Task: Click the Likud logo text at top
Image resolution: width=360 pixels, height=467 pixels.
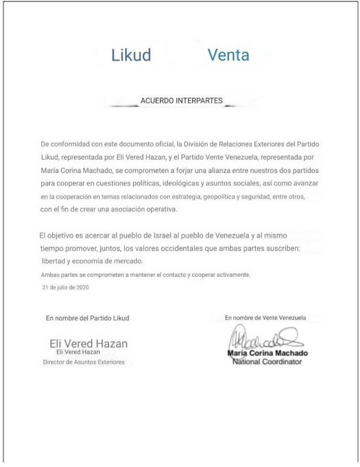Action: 131,55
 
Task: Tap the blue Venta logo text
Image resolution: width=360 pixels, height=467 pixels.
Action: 228,55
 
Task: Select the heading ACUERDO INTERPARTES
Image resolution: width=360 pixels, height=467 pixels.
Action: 181,101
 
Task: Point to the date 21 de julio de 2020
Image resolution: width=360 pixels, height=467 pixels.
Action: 65,288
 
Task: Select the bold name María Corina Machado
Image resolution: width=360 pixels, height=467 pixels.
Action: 267,353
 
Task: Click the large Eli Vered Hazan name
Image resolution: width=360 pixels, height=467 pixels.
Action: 88,344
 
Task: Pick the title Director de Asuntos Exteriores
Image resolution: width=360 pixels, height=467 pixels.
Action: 83,362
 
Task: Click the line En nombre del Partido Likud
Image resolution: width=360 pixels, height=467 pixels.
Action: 87,318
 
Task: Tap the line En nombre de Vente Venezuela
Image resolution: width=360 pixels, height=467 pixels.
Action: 266,317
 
